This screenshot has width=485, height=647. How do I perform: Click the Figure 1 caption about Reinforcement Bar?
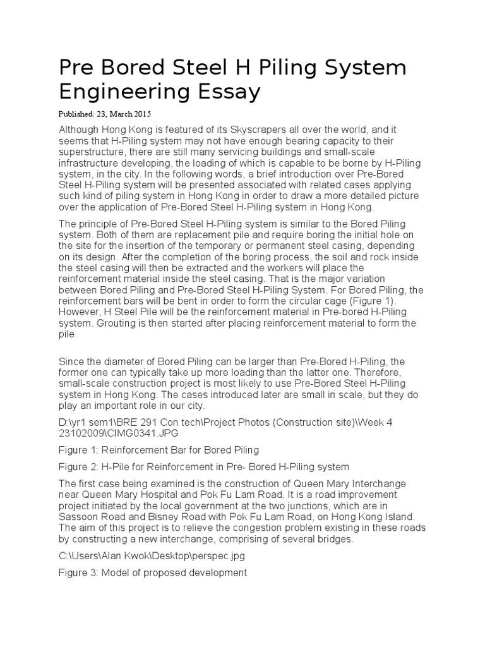click(x=159, y=450)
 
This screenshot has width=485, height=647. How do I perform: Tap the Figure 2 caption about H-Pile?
click(x=203, y=467)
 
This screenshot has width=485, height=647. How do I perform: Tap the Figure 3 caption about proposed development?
click(x=152, y=573)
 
